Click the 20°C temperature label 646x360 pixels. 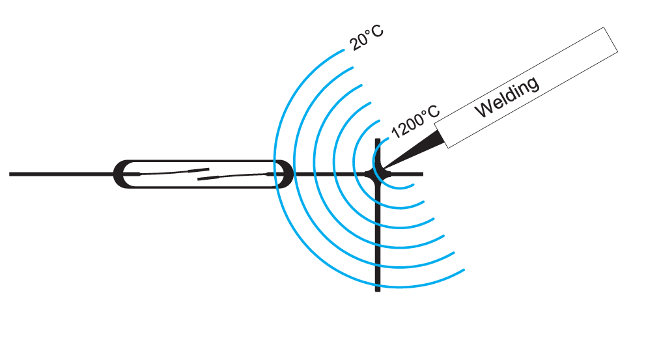click(x=366, y=40)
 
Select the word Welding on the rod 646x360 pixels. click(x=507, y=97)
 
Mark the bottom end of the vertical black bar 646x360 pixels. click(x=378, y=289)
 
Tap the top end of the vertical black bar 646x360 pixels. click(x=378, y=140)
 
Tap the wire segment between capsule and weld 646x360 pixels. click(x=326, y=174)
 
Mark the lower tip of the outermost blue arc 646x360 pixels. click(x=464, y=269)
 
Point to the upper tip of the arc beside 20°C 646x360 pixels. click(x=343, y=51)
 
